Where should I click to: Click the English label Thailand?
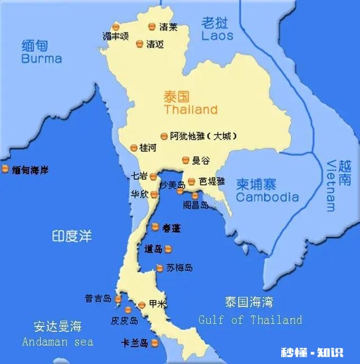190,110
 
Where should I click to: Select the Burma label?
41,58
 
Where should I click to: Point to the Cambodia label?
267,197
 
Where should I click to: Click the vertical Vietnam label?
331,185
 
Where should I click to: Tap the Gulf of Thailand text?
250,320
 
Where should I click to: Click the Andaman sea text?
57,342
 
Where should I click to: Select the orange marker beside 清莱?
151,26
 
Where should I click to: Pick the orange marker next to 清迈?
139,44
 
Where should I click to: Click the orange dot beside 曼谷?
185,161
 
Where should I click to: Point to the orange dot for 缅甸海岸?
5,169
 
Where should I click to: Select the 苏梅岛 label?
179,268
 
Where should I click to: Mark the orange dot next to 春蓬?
155,227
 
